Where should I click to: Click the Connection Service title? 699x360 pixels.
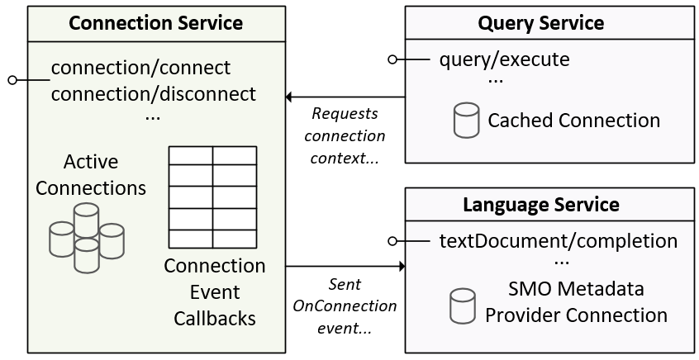pyautogui.click(x=155, y=22)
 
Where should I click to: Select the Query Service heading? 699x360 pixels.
pyautogui.click(x=541, y=22)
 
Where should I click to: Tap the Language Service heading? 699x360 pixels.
pyautogui.click(x=541, y=203)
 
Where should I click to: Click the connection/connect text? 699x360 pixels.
pyautogui.click(x=140, y=68)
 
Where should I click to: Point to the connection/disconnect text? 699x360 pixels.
pyautogui.click(x=154, y=92)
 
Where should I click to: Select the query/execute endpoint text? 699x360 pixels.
pyautogui.click(x=505, y=59)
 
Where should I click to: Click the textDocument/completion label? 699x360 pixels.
pyautogui.click(x=559, y=241)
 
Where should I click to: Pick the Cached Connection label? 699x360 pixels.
pyautogui.click(x=574, y=121)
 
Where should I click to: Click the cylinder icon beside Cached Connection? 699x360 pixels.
pyautogui.click(x=467, y=120)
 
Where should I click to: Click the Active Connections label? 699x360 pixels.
pyautogui.click(x=91, y=175)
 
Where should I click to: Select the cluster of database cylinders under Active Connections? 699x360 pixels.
pyautogui.click(x=86, y=238)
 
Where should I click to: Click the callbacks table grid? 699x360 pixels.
pyautogui.click(x=212, y=197)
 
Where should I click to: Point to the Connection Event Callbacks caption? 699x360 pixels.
pyautogui.click(x=215, y=291)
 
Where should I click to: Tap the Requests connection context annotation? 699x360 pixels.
pyautogui.click(x=347, y=135)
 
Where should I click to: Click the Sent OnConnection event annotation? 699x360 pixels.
pyautogui.click(x=345, y=306)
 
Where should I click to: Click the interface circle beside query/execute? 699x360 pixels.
pyautogui.click(x=393, y=59)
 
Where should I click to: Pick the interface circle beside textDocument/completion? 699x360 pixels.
pyautogui.click(x=393, y=241)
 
